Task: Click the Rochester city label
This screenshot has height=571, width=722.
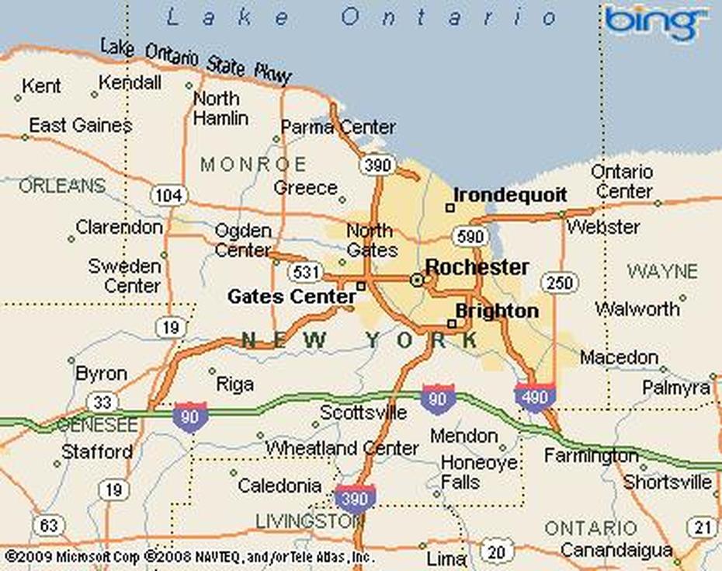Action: [477, 267]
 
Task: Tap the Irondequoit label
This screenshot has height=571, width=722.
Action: [510, 195]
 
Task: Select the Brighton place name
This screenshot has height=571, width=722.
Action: [497, 312]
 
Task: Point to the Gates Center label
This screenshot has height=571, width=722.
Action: [291, 297]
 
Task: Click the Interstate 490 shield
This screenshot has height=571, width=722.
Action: [535, 396]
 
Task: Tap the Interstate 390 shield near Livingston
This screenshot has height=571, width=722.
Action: [356, 496]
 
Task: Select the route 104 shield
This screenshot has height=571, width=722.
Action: [167, 195]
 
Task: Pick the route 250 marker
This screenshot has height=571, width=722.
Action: [559, 283]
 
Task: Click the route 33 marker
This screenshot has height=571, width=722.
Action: [102, 402]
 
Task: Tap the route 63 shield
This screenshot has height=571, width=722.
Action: [48, 526]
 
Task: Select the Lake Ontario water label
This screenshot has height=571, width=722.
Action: [361, 17]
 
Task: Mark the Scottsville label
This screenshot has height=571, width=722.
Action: [363, 412]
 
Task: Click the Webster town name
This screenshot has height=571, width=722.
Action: [603, 228]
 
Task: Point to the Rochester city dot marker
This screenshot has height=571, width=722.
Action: [417, 280]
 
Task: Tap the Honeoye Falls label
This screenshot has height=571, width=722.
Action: [479, 472]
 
